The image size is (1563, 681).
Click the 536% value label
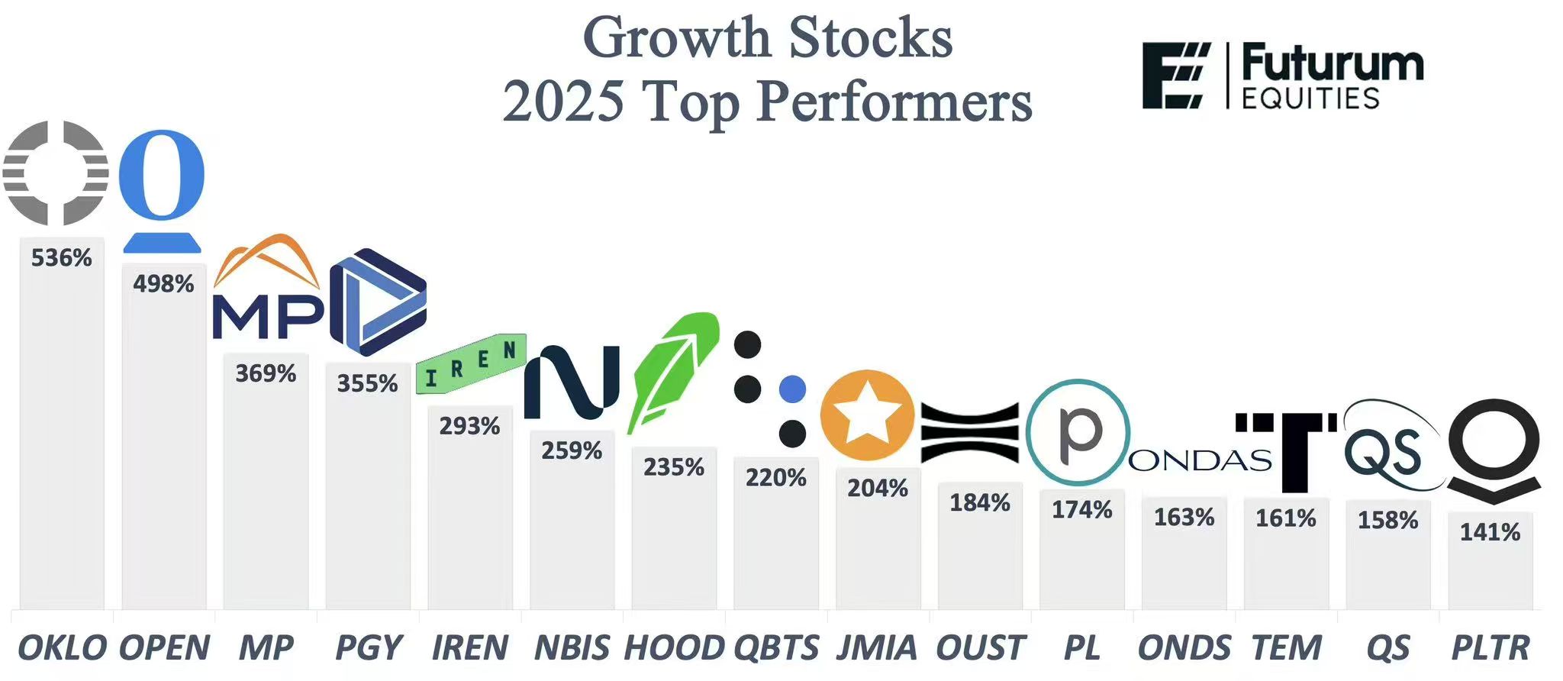pos(61,258)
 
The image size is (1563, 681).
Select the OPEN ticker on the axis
pos(164,648)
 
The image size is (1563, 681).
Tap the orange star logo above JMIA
pos(867,415)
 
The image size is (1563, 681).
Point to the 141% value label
pos(1490,532)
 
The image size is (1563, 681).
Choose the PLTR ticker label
pos(1490,648)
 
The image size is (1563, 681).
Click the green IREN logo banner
pos(471,363)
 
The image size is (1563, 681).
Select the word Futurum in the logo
pos(1332,63)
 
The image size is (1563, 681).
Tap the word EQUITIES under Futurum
pos(1310,98)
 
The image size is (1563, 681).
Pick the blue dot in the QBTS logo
pos(792,389)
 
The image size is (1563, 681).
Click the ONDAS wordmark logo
pos(1200,460)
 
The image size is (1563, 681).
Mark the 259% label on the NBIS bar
pos(572,451)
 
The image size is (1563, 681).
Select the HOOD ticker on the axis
pos(674,648)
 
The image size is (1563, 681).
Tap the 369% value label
pos(266,373)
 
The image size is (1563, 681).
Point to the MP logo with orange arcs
pos(267,290)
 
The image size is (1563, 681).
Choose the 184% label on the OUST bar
pos(980,503)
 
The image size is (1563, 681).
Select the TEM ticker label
pos(1286,648)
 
